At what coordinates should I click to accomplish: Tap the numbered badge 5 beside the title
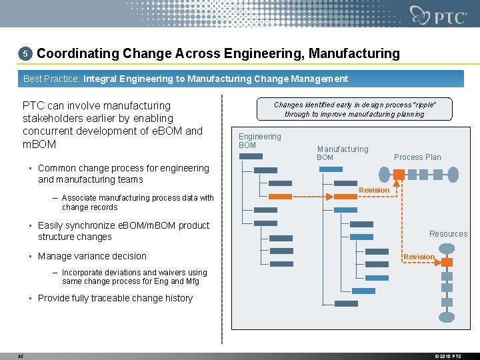(25, 53)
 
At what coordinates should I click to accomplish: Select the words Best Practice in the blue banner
(51, 79)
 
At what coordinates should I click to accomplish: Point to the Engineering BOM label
(260, 141)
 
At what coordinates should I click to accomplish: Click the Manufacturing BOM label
(342, 153)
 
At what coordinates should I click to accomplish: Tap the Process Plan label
(417, 157)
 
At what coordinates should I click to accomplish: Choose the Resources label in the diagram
(448, 234)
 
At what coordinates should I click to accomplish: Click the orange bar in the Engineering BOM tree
(281, 196)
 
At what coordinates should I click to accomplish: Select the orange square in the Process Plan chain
(399, 175)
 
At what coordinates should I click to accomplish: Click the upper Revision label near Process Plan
(374, 191)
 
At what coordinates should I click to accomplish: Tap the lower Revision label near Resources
(419, 257)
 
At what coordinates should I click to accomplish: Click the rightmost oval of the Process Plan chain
(453, 175)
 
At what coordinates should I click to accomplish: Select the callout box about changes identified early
(354, 109)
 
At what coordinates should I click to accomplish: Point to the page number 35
(21, 356)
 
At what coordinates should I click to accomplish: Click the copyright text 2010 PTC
(448, 356)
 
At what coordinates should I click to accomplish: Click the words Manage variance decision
(92, 256)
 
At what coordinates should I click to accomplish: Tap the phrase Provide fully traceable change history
(115, 298)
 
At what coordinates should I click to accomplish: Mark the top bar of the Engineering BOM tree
(251, 156)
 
